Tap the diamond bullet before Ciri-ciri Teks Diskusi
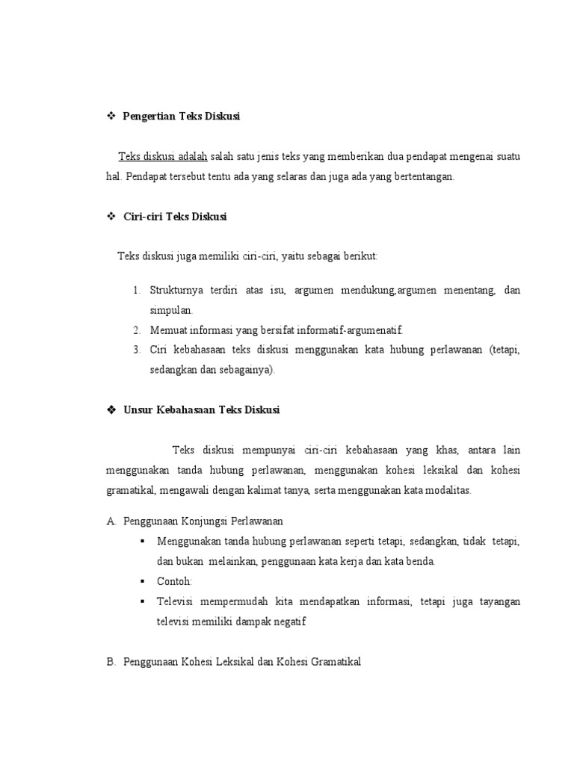[110, 217]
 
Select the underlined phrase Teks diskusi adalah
[162, 157]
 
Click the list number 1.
[137, 290]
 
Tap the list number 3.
[137, 350]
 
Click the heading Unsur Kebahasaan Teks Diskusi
[202, 410]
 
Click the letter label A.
[111, 521]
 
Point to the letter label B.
[111, 661]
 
